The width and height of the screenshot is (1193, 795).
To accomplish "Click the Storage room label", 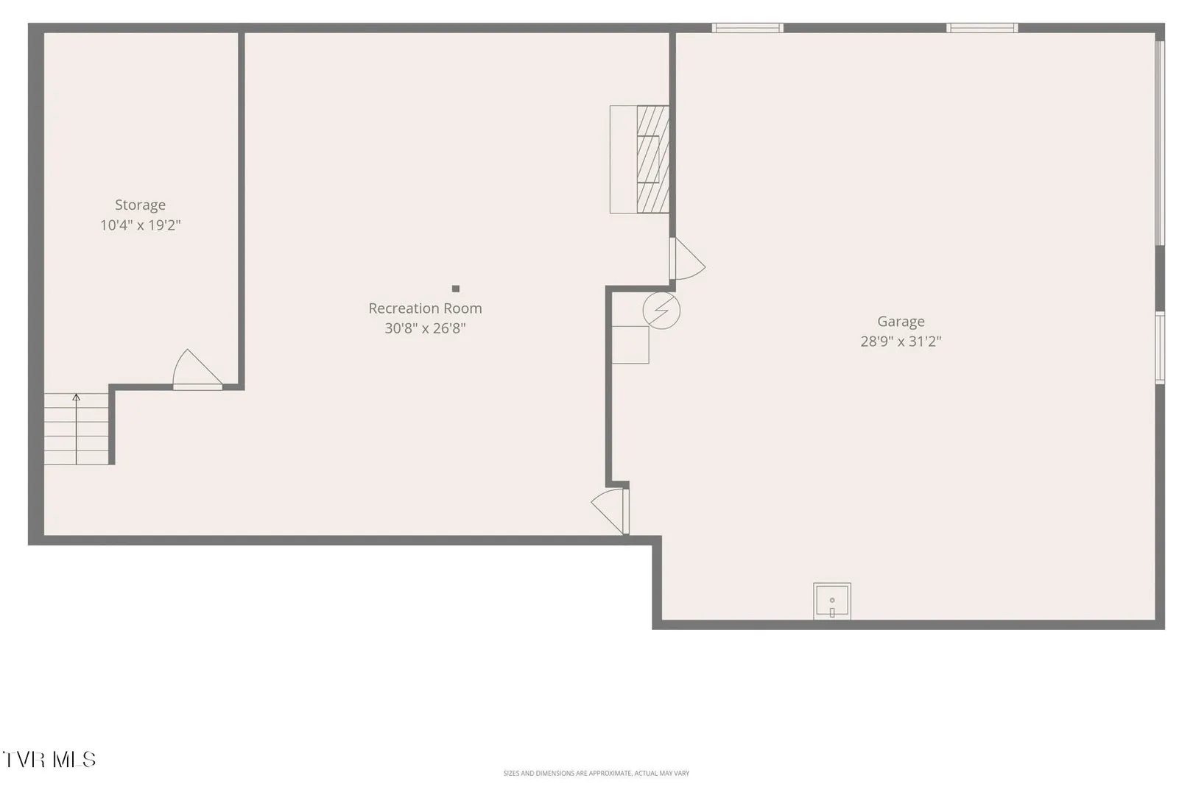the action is [140, 205].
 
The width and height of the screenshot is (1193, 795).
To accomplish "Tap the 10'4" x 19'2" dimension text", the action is [141, 225].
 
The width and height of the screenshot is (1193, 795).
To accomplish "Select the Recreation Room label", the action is [425, 308].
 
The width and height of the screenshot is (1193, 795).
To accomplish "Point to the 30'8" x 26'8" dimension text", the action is [425, 328].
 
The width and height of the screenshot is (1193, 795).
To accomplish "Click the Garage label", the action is [901, 322].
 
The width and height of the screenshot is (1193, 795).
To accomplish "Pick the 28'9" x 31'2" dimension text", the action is [901, 342].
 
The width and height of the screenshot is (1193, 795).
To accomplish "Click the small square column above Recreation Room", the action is [455, 289].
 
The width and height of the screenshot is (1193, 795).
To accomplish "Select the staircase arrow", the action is [76, 429].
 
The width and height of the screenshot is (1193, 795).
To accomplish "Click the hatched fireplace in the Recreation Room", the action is [653, 159].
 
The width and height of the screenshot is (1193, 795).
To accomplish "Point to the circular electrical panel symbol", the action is [661, 311].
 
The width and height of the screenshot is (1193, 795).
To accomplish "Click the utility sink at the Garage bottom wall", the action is [832, 601].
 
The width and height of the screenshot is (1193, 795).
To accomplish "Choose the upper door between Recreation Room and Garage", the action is [687, 259].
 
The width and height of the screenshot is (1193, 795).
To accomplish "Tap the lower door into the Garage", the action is [610, 511].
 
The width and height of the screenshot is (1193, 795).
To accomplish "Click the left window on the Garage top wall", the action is [747, 28].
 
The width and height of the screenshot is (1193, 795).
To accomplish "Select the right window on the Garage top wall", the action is [982, 28].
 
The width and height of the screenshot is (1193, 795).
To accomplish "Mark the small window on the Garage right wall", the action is [1160, 347].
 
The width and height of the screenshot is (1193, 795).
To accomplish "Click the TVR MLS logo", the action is [49, 760].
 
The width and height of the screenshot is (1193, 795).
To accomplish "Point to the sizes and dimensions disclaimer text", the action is [596, 773].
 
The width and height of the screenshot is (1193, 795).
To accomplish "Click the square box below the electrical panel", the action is [630, 344].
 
